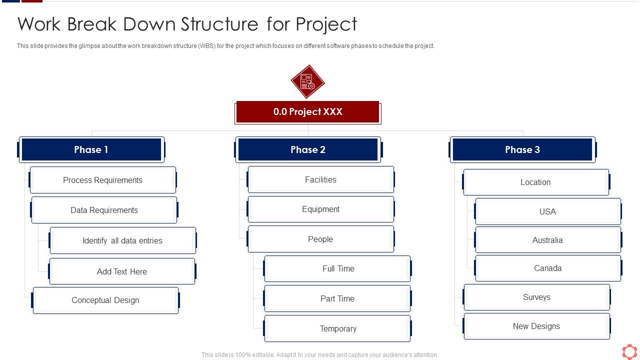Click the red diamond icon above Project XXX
307,81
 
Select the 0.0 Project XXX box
307,112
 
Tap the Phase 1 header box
91,149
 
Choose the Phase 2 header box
308,149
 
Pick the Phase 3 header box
522,149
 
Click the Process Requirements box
103,180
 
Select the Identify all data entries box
122,240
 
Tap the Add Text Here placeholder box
122,271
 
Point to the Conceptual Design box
105,300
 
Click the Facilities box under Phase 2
320,179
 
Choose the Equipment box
320,209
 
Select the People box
320,239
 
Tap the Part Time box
337,298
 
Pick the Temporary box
338,328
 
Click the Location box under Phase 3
535,182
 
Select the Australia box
547,240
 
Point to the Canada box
547,268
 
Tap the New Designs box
536,326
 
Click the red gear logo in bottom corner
629,351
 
